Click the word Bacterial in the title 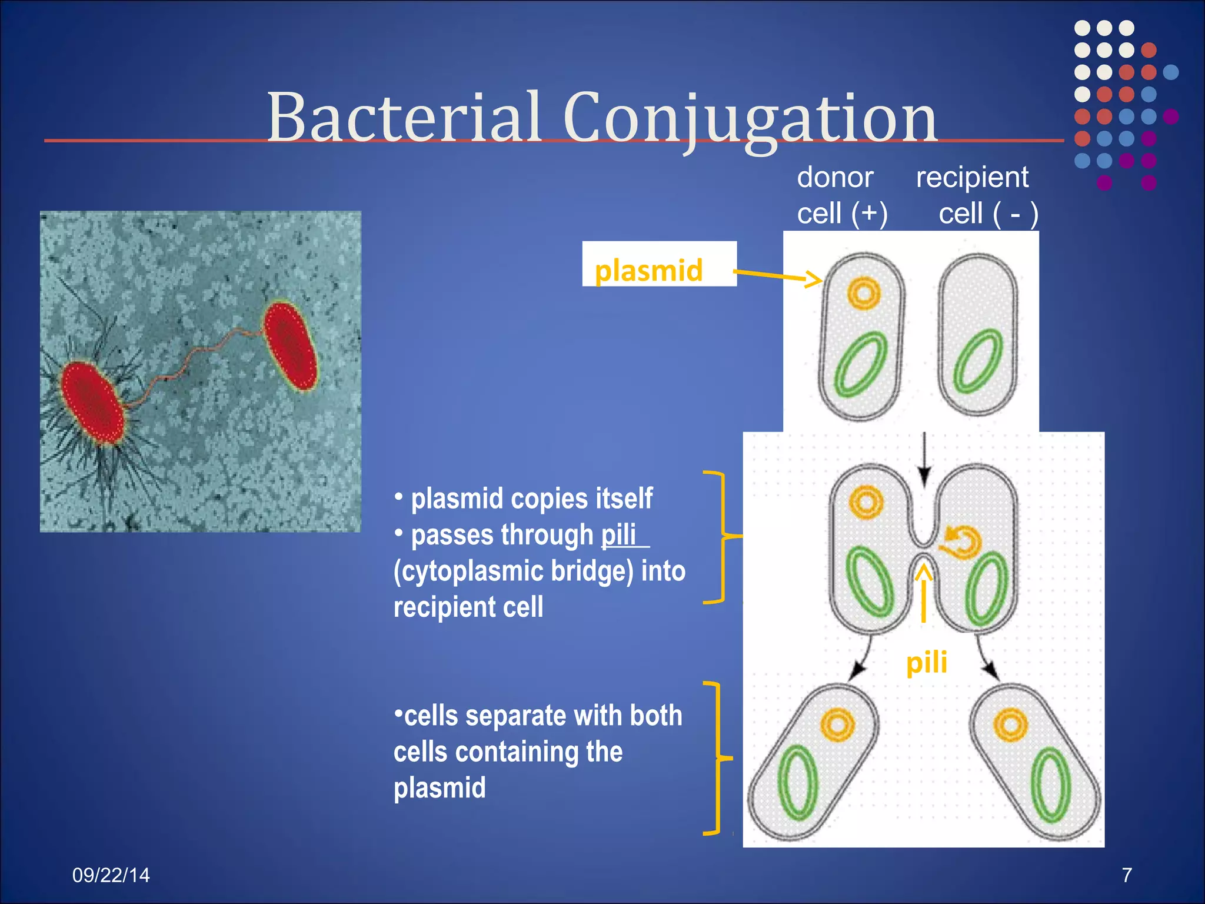(404, 118)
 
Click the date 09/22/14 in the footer (111, 875)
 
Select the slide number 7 (1126, 875)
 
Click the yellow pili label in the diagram (926, 663)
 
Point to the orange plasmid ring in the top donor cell (863, 293)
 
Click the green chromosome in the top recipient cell (978, 361)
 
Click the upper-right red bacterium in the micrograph (291, 345)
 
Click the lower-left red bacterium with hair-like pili (92, 402)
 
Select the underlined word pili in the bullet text (618, 535)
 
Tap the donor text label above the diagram (834, 177)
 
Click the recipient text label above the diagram (972, 177)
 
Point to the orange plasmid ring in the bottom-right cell (1010, 724)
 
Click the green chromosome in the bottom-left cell (798, 783)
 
